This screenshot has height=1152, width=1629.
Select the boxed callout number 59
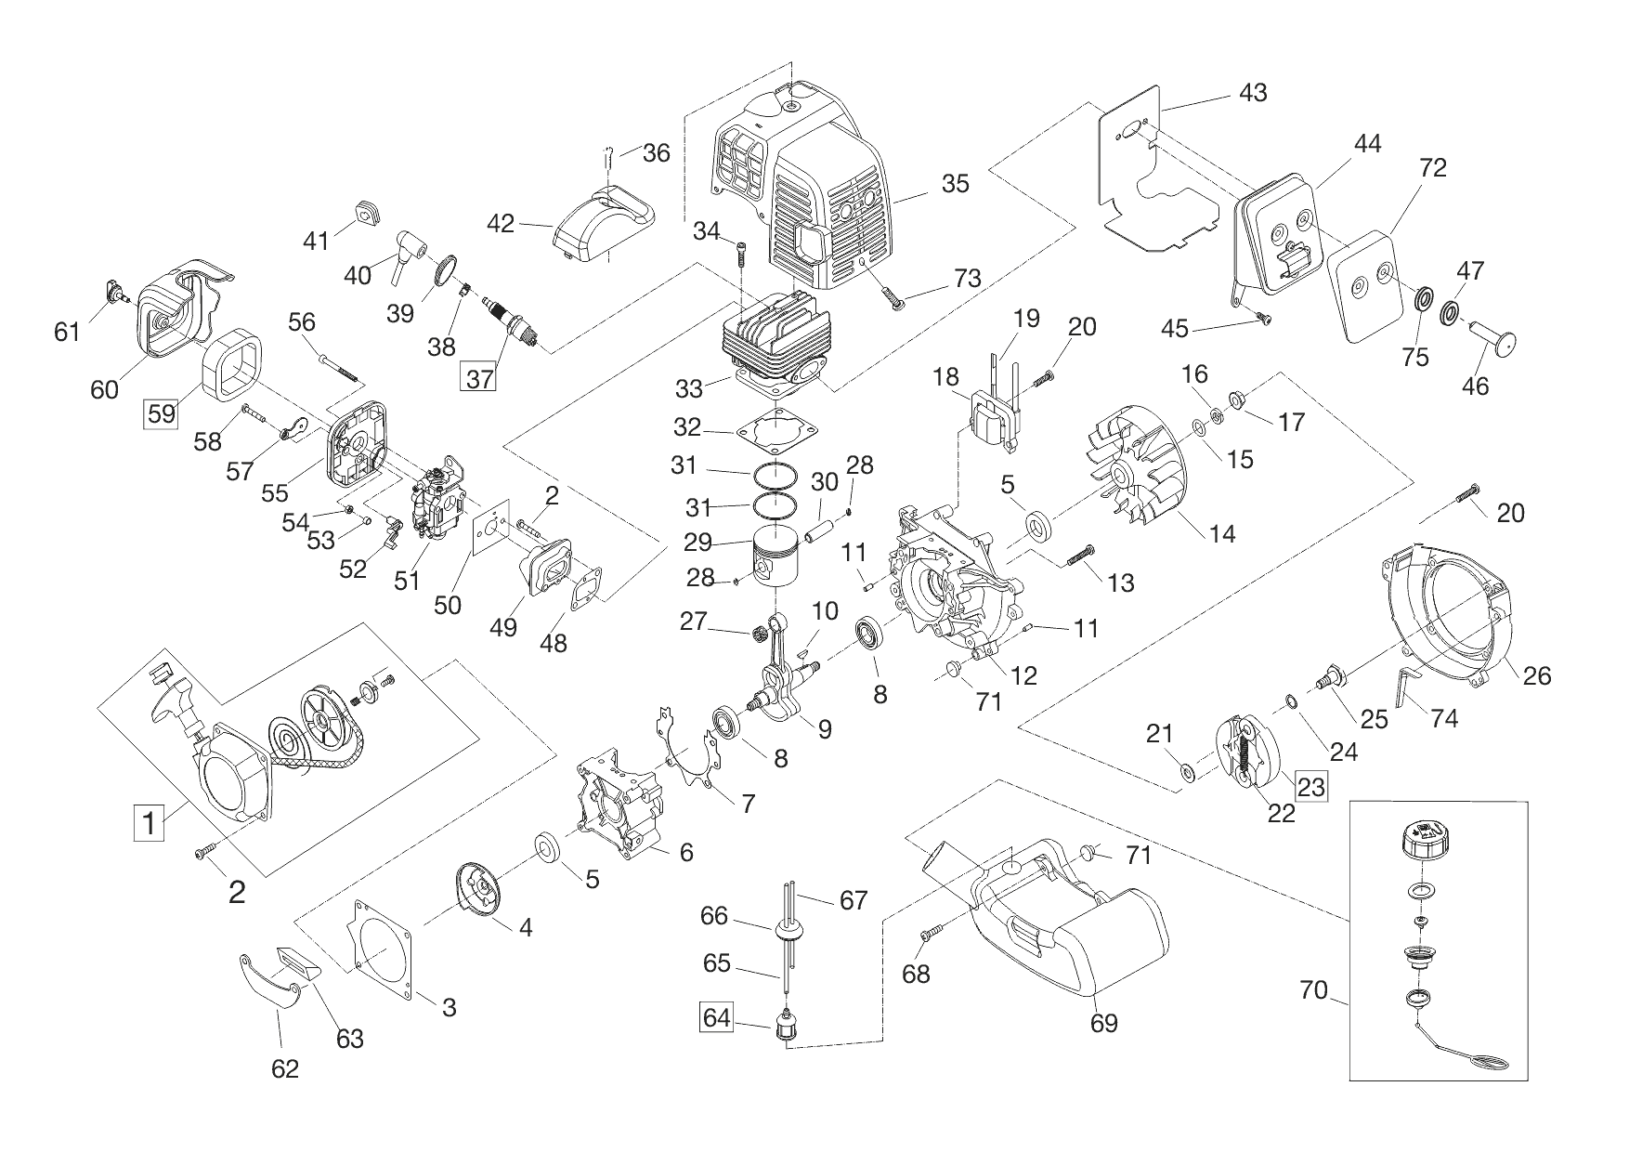162,412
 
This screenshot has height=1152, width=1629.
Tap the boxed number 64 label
717,1018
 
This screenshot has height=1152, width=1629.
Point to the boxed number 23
1310,787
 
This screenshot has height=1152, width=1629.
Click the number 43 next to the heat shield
1253,93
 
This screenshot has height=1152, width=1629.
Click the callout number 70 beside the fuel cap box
1314,990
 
